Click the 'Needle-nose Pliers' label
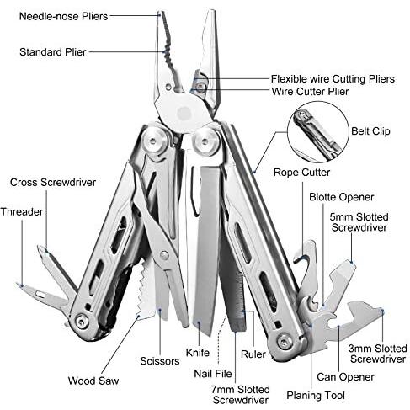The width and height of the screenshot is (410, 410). pyautogui.click(x=63, y=17)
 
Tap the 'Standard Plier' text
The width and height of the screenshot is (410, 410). pyautogui.click(x=53, y=52)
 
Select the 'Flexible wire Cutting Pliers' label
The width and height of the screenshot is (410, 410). pyautogui.click(x=333, y=79)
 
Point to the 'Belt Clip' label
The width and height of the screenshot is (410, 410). pyautogui.click(x=370, y=131)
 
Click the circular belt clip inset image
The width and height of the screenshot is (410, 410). pyautogui.click(x=318, y=132)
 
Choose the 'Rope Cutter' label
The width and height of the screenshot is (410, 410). pyautogui.click(x=301, y=173)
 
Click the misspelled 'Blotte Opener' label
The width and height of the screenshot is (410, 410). pyautogui.click(x=342, y=197)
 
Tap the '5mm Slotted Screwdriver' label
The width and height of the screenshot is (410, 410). pyautogui.click(x=359, y=222)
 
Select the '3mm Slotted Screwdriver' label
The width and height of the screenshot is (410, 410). pyautogui.click(x=378, y=354)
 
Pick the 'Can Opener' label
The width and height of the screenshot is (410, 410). pyautogui.click(x=345, y=377)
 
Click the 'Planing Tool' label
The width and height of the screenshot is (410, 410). pyautogui.click(x=316, y=396)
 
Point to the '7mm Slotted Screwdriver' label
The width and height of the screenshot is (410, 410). pyautogui.click(x=241, y=395)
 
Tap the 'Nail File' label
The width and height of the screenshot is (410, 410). pyautogui.click(x=213, y=374)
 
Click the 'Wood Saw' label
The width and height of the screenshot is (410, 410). pyautogui.click(x=93, y=381)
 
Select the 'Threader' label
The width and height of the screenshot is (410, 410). pyautogui.click(x=22, y=211)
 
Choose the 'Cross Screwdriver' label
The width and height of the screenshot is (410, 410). pyautogui.click(x=53, y=183)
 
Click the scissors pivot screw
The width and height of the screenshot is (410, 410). pyautogui.click(x=163, y=255)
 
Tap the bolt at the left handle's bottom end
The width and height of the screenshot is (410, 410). pyautogui.click(x=82, y=321)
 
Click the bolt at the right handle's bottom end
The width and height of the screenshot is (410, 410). pyautogui.click(x=284, y=342)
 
